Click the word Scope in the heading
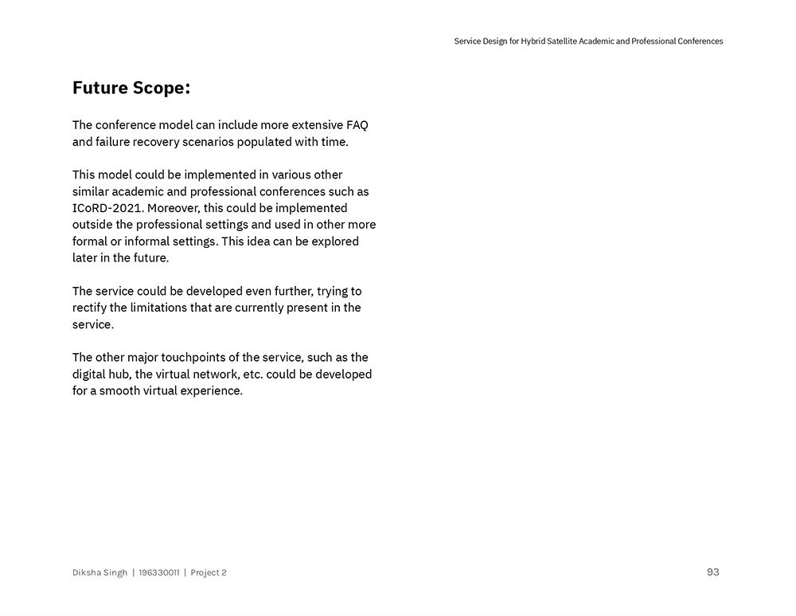pyautogui.click(x=161, y=88)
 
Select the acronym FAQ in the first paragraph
pyautogui.click(x=357, y=125)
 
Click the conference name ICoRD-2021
pyautogui.click(x=108, y=208)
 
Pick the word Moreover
pyautogui.click(x=173, y=208)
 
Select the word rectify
pyautogui.click(x=89, y=308)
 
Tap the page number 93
pyautogui.click(x=712, y=572)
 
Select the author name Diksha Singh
pyautogui.click(x=99, y=572)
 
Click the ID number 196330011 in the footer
pyautogui.click(x=159, y=572)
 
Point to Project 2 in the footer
pyautogui.click(x=209, y=572)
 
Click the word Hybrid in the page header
pyautogui.click(x=533, y=41)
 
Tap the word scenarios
pyautogui.click(x=206, y=142)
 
